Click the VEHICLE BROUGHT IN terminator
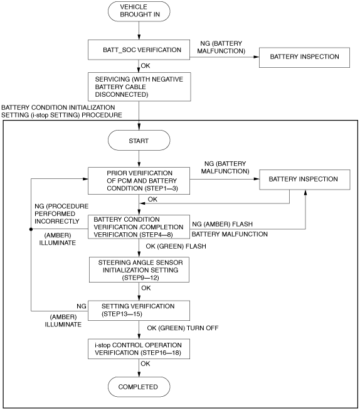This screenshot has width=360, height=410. pyautogui.click(x=139, y=11)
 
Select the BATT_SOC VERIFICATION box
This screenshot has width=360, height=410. pyautogui.click(x=139, y=50)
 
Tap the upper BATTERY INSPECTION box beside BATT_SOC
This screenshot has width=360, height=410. pyautogui.click(x=304, y=57)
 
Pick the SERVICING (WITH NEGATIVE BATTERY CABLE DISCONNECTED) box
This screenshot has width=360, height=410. pyautogui.click(x=139, y=87)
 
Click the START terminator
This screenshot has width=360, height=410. pyautogui.click(x=139, y=141)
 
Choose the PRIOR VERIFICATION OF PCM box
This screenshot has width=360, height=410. pyautogui.click(x=139, y=181)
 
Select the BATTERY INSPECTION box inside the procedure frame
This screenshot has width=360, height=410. pyautogui.click(x=305, y=180)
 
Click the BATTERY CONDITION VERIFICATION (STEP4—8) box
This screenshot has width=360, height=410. pyautogui.click(x=139, y=227)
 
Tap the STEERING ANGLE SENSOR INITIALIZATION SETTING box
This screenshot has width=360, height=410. pyautogui.click(x=139, y=270)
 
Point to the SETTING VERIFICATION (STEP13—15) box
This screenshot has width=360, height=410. pyautogui.click(x=139, y=310)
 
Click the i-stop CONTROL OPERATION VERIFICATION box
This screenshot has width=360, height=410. pyautogui.click(x=139, y=349)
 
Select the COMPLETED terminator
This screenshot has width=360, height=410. pyautogui.click(x=139, y=387)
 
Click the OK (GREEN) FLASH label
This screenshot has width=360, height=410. pyautogui.click(x=176, y=246)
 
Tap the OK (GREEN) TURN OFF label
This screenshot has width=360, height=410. pyautogui.click(x=183, y=328)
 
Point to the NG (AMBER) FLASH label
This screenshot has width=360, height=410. pyautogui.click(x=222, y=224)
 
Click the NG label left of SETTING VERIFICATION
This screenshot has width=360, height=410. pyautogui.click(x=82, y=306)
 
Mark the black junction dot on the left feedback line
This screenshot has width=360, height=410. pyautogui.click(x=31, y=229)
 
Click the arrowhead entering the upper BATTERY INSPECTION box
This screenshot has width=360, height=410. pyautogui.click(x=257, y=57)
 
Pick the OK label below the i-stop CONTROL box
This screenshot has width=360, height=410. pyautogui.click(x=146, y=364)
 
